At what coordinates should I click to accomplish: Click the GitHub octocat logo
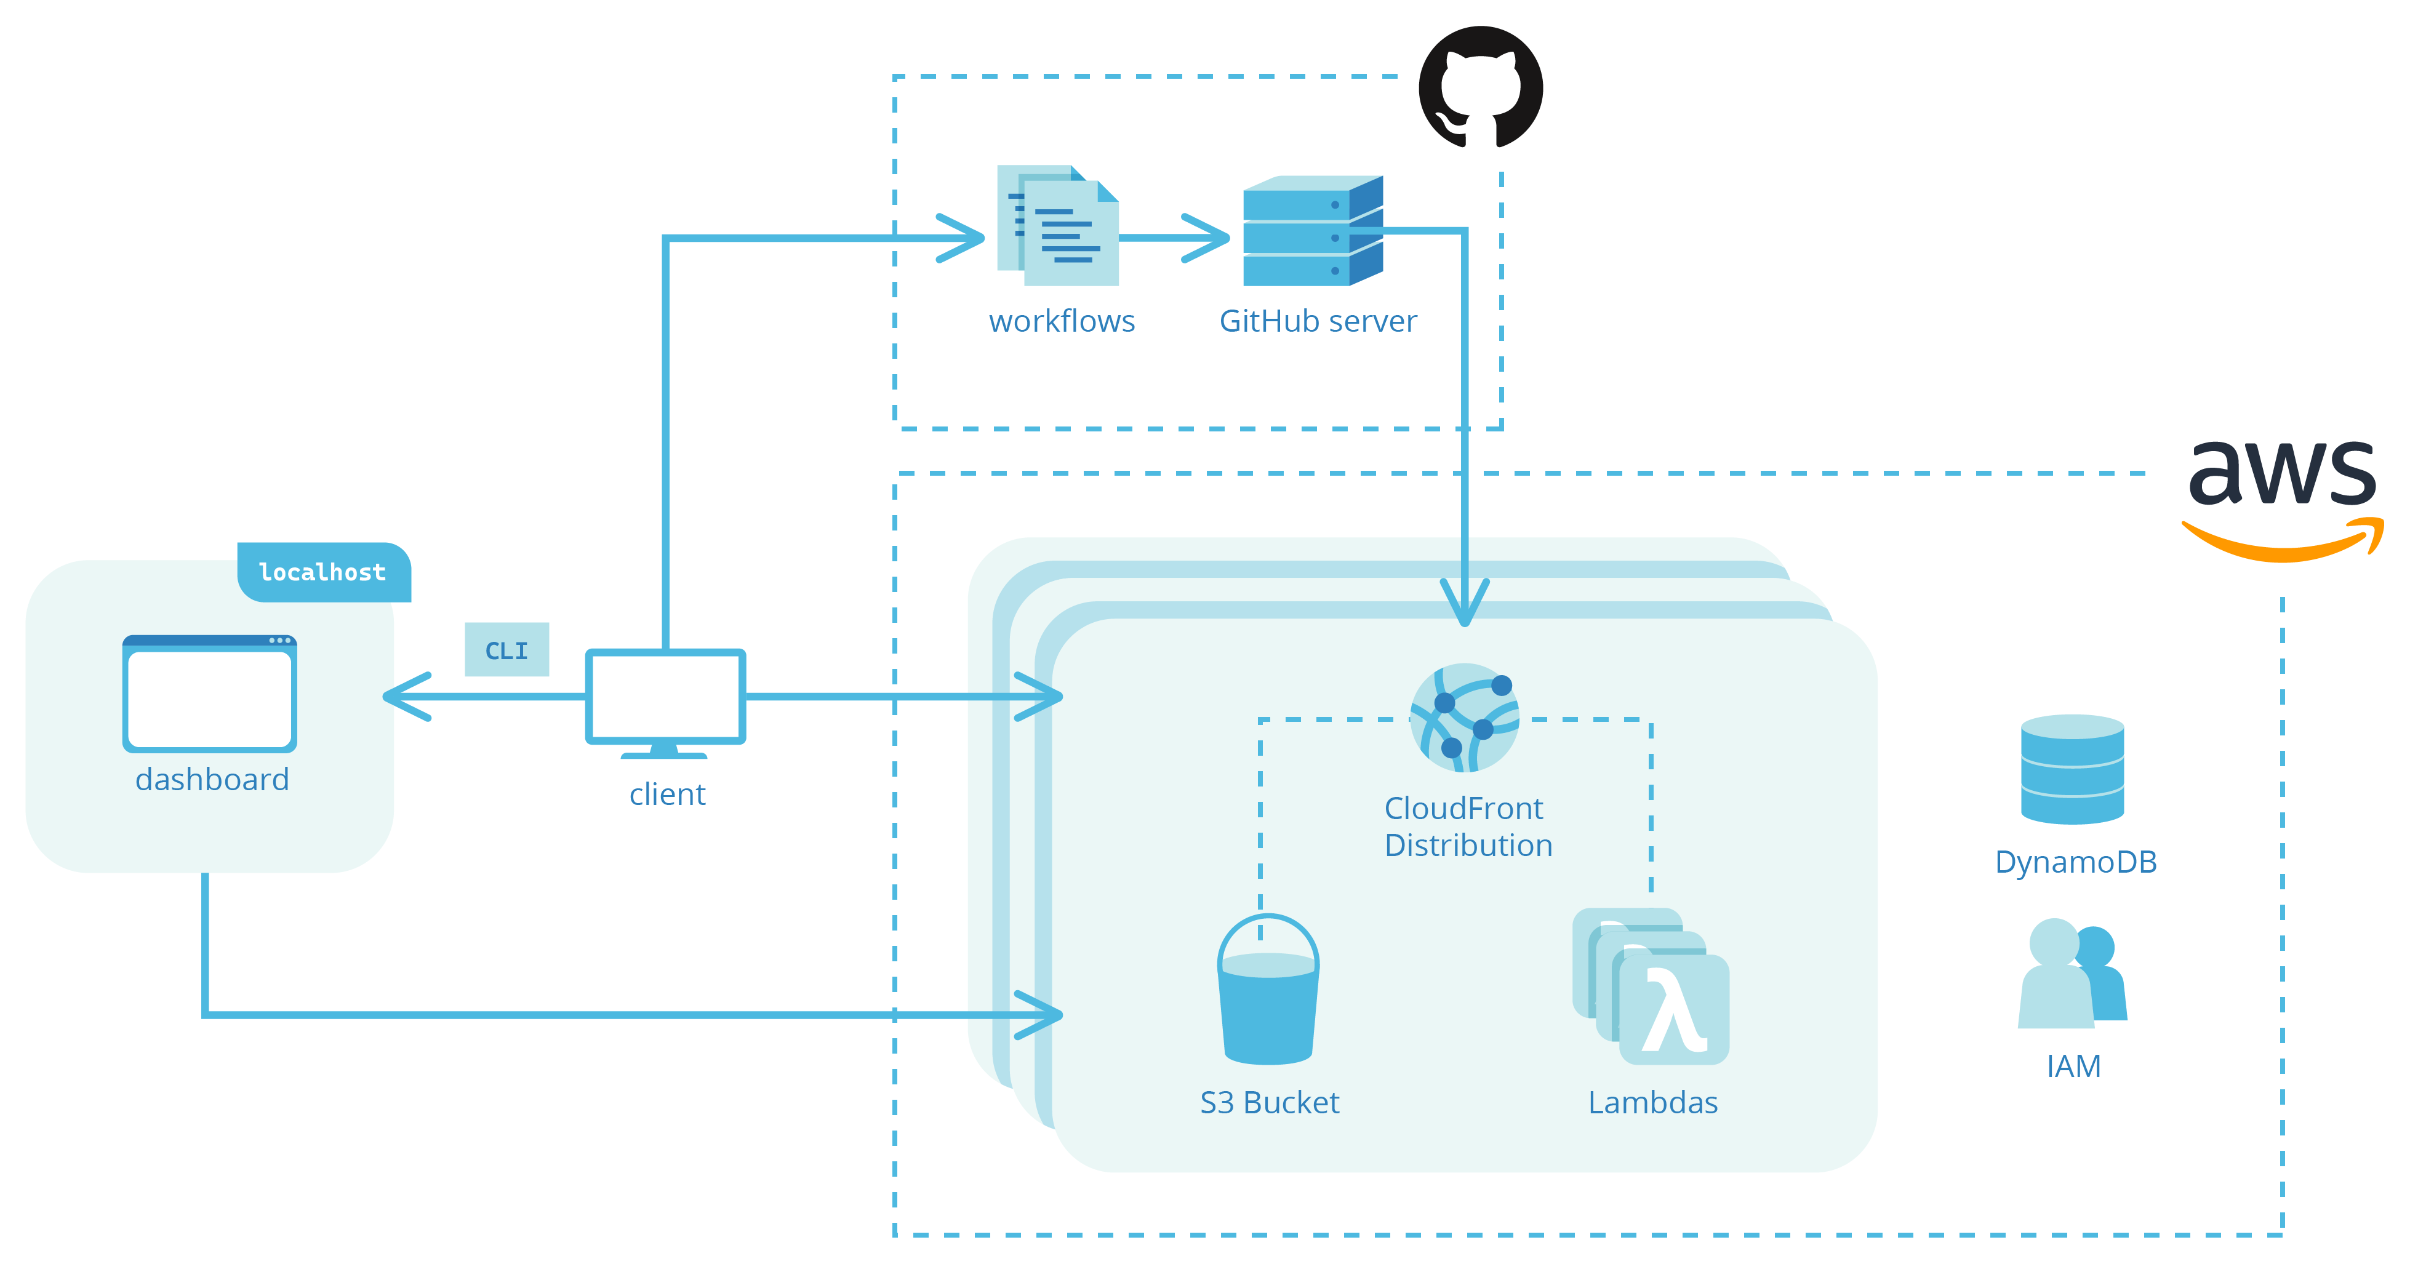click(x=1480, y=87)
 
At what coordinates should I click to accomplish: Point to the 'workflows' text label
click(x=1062, y=321)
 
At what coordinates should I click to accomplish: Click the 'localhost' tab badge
click(x=322, y=572)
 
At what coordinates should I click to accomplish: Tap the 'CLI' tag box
click(x=506, y=649)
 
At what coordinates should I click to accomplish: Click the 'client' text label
click(x=667, y=795)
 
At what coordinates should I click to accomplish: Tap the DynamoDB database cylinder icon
click(x=2072, y=769)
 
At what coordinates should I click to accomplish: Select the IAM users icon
click(x=2072, y=975)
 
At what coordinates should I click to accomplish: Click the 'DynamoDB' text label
click(x=2075, y=862)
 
